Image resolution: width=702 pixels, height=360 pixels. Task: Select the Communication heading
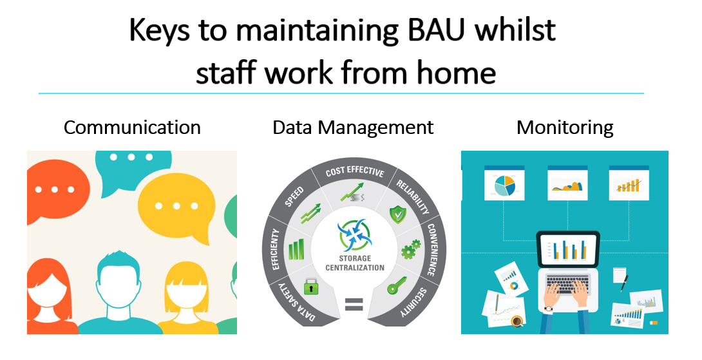[132, 128]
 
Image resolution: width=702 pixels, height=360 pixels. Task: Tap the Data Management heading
[353, 128]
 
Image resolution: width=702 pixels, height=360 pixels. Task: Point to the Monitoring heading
[565, 128]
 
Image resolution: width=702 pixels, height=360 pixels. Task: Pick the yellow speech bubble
[177, 207]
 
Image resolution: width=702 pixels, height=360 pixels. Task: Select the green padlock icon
[311, 286]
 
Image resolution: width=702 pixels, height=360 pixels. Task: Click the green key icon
[397, 285]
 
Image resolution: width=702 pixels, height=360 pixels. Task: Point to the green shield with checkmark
[397, 214]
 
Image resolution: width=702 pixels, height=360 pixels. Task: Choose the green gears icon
[410, 249]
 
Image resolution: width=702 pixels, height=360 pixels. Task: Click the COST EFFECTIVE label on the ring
[355, 171]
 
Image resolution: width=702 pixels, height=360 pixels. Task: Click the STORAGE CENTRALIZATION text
[355, 263]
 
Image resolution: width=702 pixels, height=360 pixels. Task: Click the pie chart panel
[504, 183]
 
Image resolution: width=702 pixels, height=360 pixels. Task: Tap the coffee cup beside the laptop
[517, 321]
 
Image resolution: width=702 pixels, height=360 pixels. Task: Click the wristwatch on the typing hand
[549, 308]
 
